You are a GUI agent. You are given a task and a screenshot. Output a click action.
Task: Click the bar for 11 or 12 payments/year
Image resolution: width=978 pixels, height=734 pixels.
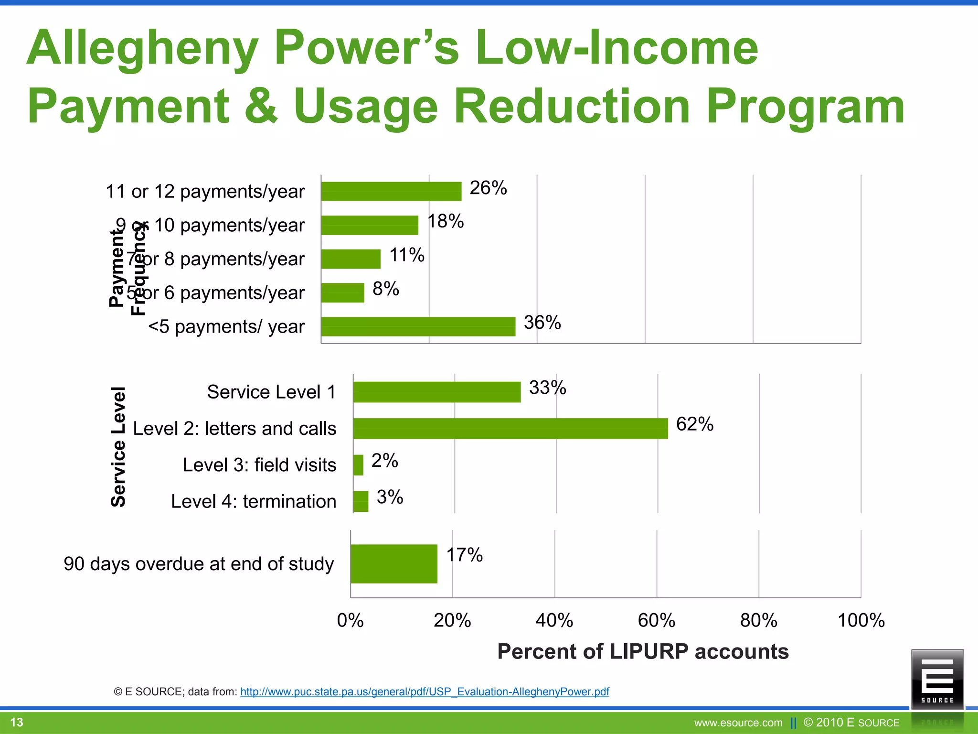[391, 191]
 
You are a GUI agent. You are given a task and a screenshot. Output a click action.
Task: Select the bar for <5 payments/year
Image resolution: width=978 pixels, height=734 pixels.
[418, 326]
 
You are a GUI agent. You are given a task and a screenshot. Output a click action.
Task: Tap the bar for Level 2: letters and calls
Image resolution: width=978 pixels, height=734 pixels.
[510, 428]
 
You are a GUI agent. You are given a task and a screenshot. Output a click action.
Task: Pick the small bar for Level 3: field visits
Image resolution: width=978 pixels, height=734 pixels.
[358, 465]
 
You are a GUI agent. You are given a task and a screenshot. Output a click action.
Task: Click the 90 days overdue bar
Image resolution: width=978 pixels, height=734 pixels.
[393, 563]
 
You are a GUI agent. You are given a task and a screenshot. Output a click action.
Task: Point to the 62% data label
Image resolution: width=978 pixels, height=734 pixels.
[694, 424]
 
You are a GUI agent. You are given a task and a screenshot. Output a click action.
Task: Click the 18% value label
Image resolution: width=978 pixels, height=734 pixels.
[445, 221]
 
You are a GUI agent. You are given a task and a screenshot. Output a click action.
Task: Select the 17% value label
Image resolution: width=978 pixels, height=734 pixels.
[464, 555]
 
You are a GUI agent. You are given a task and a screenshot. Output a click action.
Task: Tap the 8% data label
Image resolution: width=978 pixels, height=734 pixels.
[385, 289]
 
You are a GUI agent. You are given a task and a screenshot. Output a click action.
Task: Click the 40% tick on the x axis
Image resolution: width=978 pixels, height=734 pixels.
[554, 620]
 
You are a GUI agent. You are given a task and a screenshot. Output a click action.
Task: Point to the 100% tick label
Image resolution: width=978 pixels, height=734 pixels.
[861, 620]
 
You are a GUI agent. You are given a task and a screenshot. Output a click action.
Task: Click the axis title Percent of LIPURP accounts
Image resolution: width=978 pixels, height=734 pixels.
[643, 651]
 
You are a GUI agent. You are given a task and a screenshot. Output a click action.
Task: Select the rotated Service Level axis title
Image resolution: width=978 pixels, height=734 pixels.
[118, 446]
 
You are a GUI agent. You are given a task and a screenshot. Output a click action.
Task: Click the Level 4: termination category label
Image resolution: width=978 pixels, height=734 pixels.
[254, 501]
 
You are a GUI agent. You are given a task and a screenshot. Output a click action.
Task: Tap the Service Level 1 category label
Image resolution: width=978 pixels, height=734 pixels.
[271, 392]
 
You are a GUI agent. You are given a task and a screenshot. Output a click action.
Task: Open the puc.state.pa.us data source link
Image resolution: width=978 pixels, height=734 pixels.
[425, 691]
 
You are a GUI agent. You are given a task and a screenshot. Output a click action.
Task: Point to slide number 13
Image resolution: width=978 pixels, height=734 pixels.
[17, 722]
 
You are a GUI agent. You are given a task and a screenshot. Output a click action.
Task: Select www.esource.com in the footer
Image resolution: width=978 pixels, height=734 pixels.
[738, 723]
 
